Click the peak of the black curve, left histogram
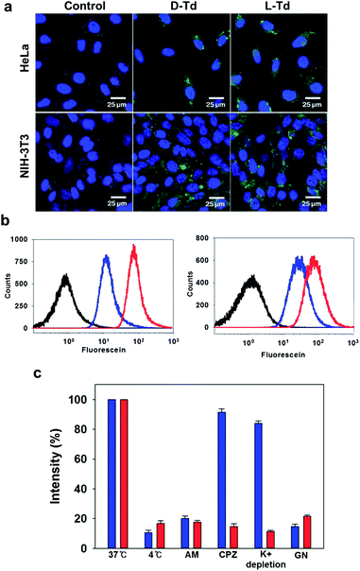point(65,276)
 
